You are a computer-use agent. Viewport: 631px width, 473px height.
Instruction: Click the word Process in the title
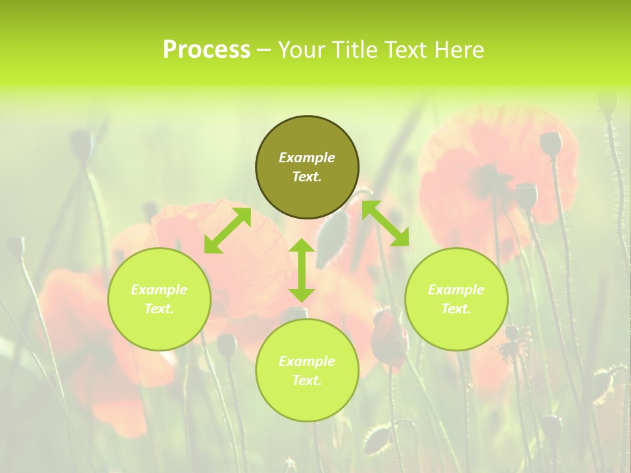pyautogui.click(x=206, y=50)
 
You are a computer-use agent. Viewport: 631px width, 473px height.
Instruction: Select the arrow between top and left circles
pyautogui.click(x=227, y=231)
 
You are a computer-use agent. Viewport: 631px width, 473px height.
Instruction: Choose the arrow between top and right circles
pyautogui.click(x=385, y=223)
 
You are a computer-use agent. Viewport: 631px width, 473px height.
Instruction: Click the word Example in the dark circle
pyautogui.click(x=307, y=158)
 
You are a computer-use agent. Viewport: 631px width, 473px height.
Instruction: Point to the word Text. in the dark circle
pyautogui.click(x=307, y=177)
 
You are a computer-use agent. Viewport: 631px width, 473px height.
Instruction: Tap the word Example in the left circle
pyautogui.click(x=159, y=290)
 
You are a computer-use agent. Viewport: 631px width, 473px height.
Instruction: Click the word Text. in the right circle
pyautogui.click(x=456, y=309)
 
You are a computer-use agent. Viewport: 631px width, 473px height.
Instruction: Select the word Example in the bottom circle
pyautogui.click(x=307, y=361)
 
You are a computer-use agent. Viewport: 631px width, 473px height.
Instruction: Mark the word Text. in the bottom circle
pyautogui.click(x=307, y=380)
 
